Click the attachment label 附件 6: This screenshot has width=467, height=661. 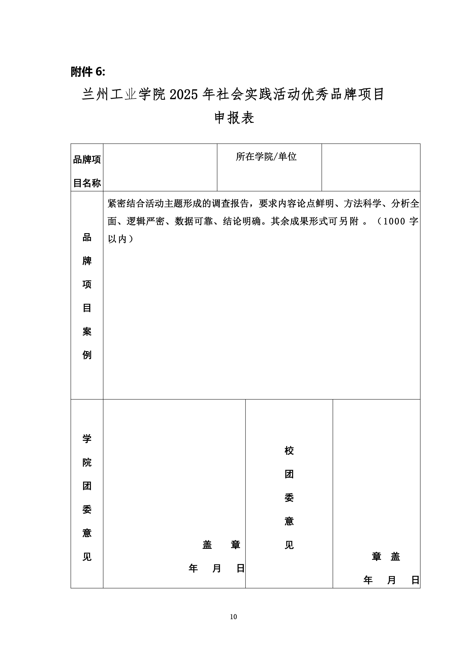pos(88,72)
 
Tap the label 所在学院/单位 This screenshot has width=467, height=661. pos(266,157)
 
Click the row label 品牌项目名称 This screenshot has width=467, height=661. pos(87,171)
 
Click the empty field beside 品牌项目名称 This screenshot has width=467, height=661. pos(160,167)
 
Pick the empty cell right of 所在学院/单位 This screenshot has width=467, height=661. pos(371,167)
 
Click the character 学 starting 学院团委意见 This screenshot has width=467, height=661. pos(87,438)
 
